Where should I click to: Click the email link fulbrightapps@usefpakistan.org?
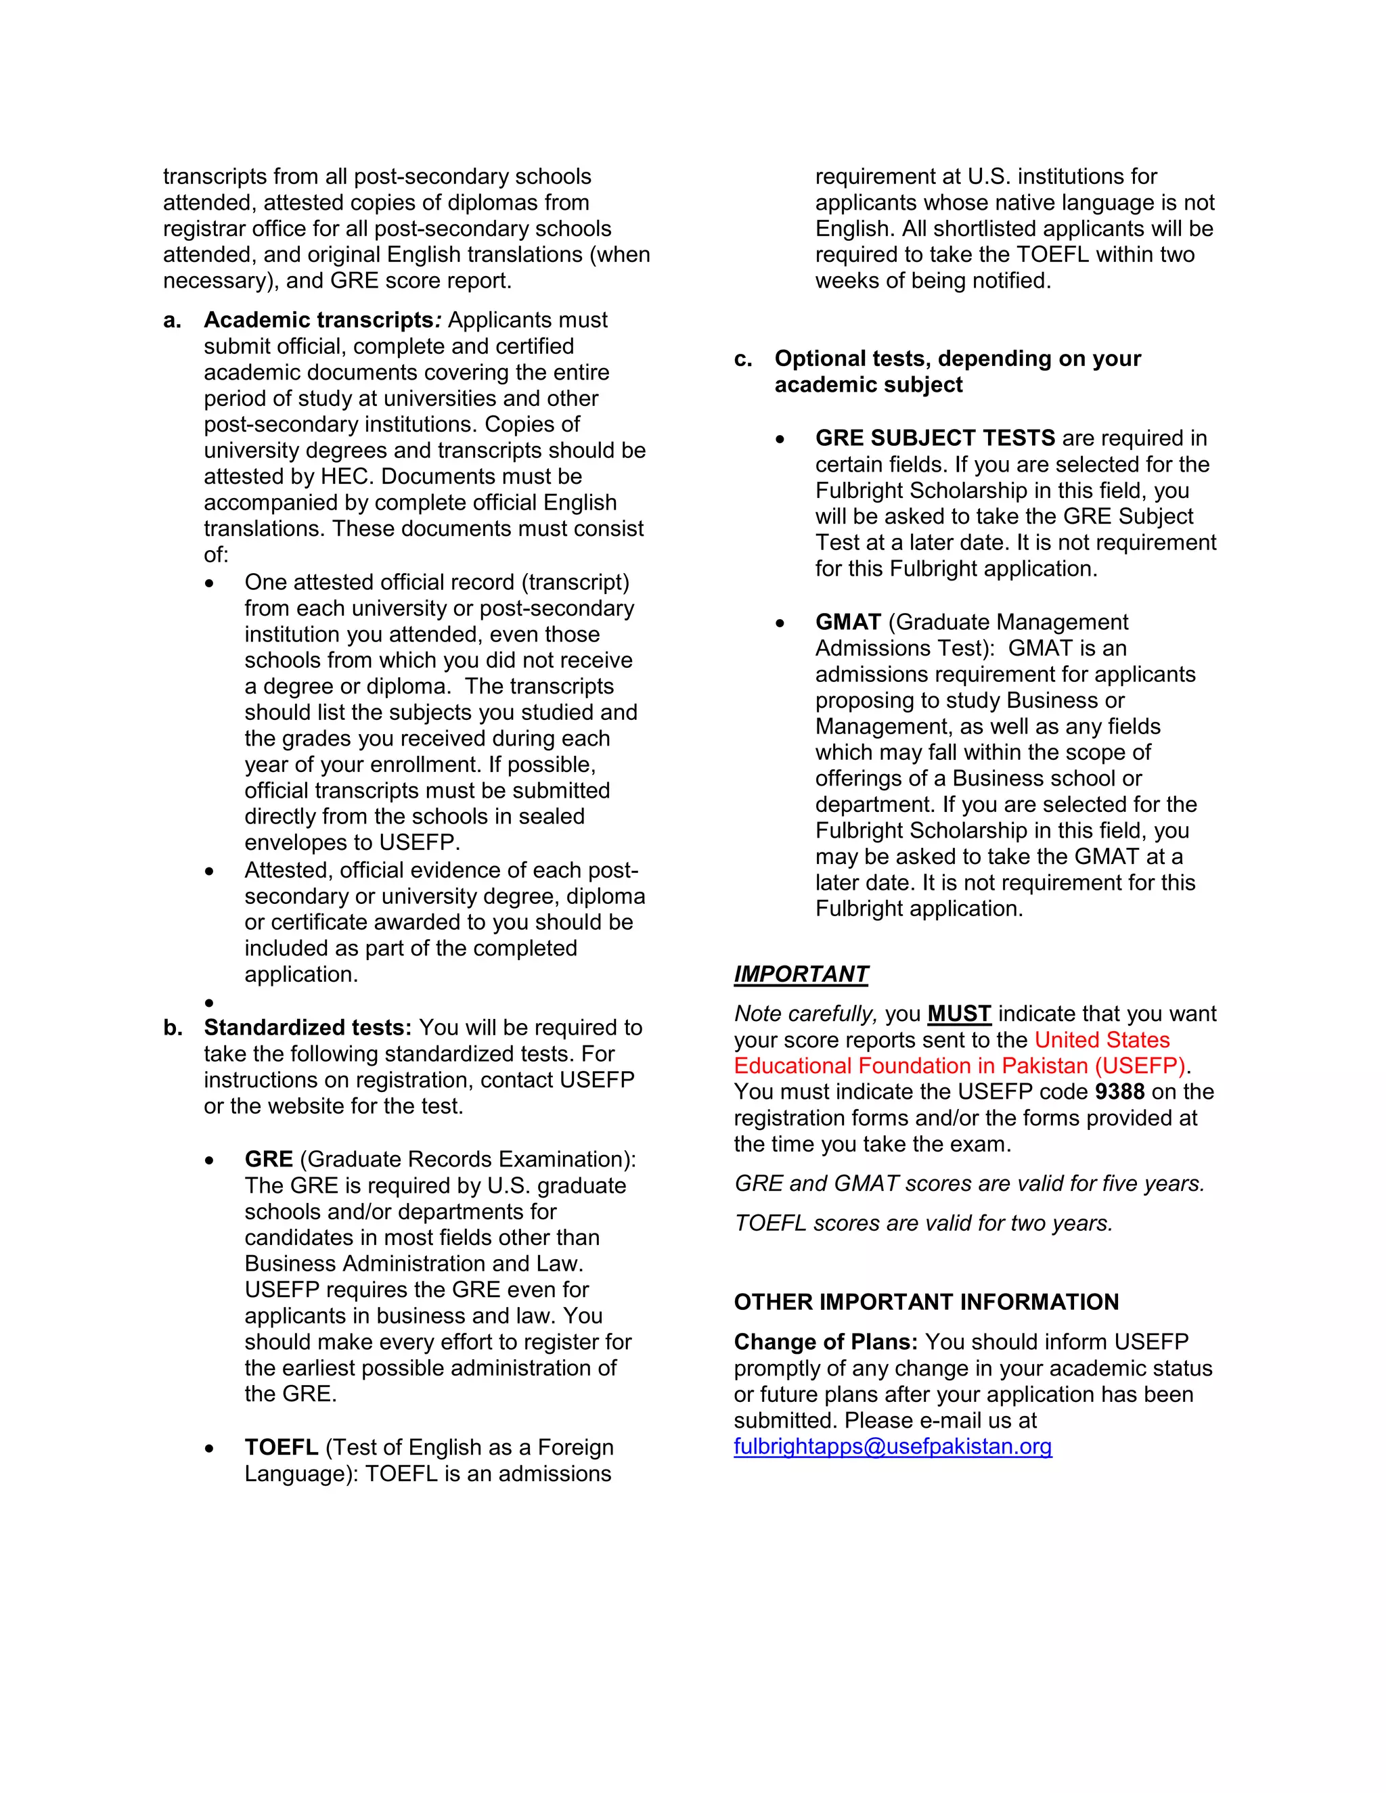pyautogui.click(x=893, y=1446)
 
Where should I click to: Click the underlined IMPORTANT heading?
pyautogui.click(x=801, y=974)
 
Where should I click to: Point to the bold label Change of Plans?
pyautogui.click(x=825, y=1342)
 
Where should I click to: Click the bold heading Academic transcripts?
pyautogui.click(x=319, y=319)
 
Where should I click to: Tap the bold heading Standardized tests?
pyautogui.click(x=307, y=1027)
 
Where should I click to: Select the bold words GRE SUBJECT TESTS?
pyautogui.click(x=935, y=438)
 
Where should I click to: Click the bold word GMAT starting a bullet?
pyautogui.click(x=847, y=622)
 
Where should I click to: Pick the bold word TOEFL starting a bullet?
pyautogui.click(x=281, y=1447)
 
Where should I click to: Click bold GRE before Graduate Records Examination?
pyautogui.click(x=269, y=1158)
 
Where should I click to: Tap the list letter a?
pyautogui.click(x=172, y=320)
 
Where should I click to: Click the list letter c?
pyautogui.click(x=742, y=359)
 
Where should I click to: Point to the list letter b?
pyautogui.click(x=172, y=1028)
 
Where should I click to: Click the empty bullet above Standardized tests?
pyautogui.click(x=209, y=1003)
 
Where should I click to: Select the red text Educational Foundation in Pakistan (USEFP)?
pyautogui.click(x=959, y=1066)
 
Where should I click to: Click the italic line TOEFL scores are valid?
pyautogui.click(x=923, y=1223)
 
